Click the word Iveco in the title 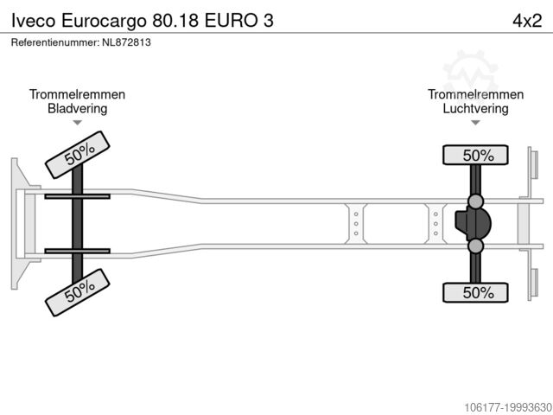click(34, 21)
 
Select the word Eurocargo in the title click(104, 21)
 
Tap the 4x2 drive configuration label click(527, 21)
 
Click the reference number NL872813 click(126, 42)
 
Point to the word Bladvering click(77, 108)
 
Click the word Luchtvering click(475, 108)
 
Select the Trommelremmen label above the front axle click(77, 94)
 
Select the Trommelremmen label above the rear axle click(475, 94)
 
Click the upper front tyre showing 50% click(78, 155)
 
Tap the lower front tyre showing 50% click(78, 292)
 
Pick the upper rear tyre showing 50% click(475, 156)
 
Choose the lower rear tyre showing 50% click(475, 292)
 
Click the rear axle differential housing click(473, 224)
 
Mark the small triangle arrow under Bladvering click(77, 123)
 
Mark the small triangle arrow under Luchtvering click(475, 123)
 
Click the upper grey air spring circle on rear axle click(475, 201)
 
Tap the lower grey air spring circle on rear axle click(475, 246)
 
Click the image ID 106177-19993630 click(508, 407)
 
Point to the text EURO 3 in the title click(239, 21)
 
